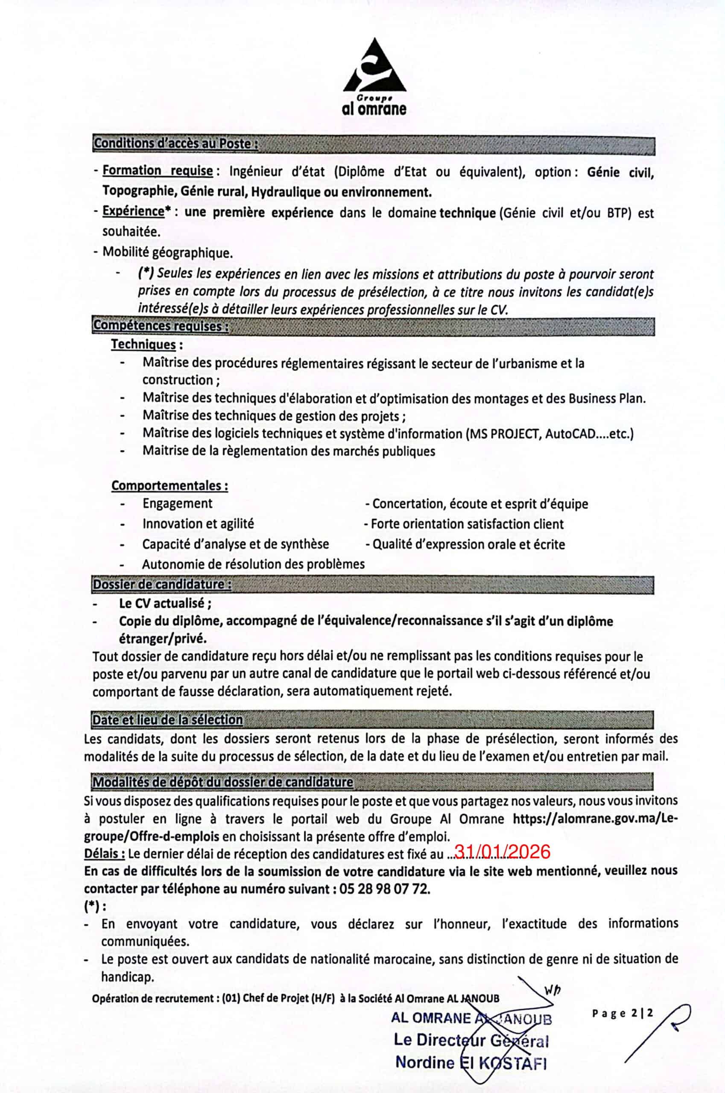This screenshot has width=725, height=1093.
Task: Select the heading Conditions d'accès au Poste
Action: pos(175,143)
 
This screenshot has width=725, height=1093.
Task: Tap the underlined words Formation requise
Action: pos(157,171)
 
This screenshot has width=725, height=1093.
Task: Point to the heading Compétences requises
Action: pos(161,325)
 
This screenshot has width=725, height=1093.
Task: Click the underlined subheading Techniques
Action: pos(143,345)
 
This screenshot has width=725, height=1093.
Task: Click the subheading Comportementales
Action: pos(169,485)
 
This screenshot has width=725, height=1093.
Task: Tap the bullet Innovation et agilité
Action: pos(198,524)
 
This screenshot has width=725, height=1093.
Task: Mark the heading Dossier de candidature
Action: pos(162,584)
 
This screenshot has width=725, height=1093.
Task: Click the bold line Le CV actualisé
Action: pos(165,603)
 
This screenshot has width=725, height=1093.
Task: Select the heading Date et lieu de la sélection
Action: pos(167,720)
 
